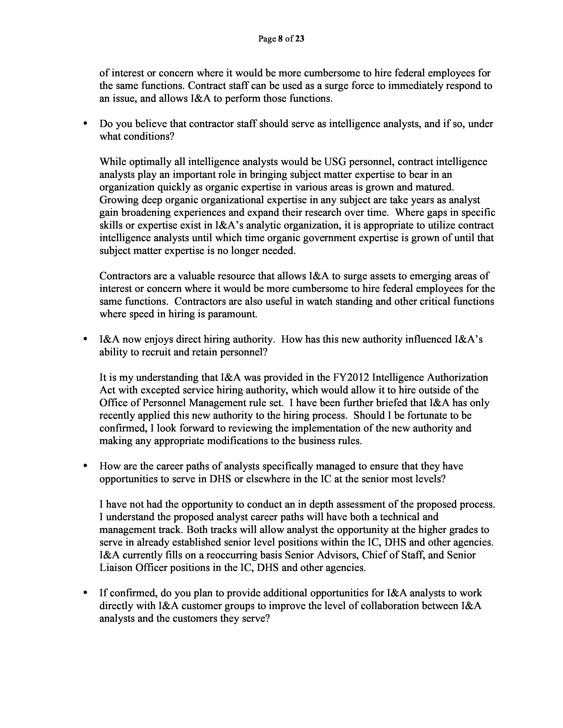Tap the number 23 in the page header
(300, 39)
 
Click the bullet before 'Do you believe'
(86, 124)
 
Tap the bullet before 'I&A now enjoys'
(86, 339)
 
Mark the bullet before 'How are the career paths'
(86, 466)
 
